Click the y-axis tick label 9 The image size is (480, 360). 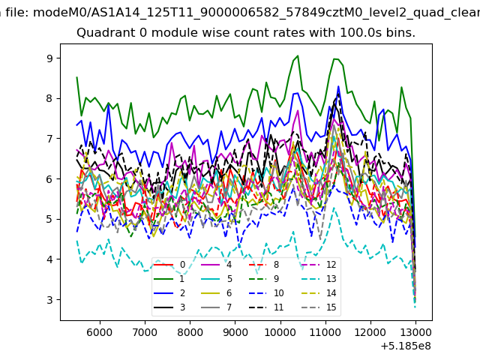(49, 58)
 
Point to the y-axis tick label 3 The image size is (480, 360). (49, 300)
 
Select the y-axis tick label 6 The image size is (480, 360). (49, 179)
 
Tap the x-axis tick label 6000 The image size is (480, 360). (100, 332)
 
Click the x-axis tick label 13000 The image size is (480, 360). (415, 332)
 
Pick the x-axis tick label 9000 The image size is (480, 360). (235, 332)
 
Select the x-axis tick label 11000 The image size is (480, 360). (325, 332)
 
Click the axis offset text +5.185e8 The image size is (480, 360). (406, 346)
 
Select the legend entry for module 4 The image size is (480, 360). (217, 265)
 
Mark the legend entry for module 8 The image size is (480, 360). (264, 265)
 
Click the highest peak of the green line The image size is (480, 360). (298, 55)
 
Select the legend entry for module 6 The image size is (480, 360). (217, 293)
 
